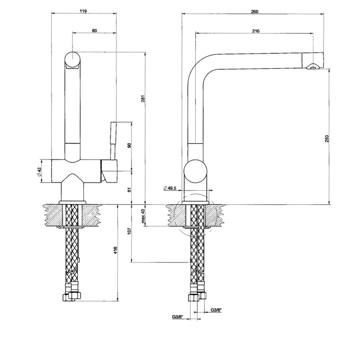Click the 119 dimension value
pyautogui.click(x=83, y=11)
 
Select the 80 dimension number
pyautogui.click(x=95, y=30)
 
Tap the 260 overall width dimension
pyautogui.click(x=255, y=11)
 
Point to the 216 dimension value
pyautogui.click(x=256, y=31)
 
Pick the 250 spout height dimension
pyautogui.click(x=327, y=139)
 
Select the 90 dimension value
pyautogui.click(x=129, y=145)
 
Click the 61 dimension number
pyautogui.click(x=129, y=190)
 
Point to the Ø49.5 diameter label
pyautogui.click(x=170, y=188)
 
